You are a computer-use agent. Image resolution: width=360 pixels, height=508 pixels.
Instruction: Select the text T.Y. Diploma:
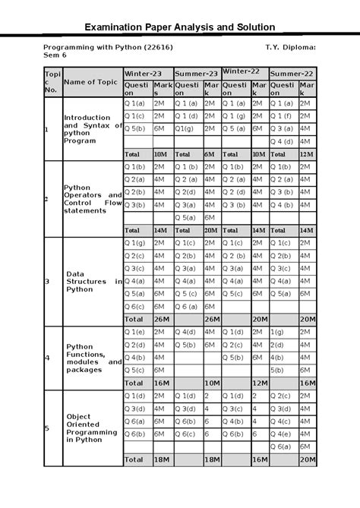[290, 47]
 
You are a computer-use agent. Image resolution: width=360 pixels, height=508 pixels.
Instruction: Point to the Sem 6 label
[56, 55]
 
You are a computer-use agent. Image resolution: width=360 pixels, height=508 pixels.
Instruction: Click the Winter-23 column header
[143, 73]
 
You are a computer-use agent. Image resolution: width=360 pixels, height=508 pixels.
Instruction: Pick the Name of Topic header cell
[90, 82]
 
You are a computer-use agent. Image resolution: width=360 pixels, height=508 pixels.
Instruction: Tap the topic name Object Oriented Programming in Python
[91, 428]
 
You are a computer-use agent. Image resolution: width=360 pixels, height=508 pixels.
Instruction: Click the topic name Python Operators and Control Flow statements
[91, 199]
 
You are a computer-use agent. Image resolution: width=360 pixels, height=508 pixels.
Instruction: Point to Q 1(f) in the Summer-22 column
[281, 116]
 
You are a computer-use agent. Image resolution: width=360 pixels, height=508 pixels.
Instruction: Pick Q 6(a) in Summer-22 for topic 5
[281, 446]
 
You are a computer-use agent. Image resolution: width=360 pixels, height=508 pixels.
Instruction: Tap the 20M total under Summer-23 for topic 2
[210, 230]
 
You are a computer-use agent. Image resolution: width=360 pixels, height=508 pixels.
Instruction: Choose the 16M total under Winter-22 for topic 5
[258, 459]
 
